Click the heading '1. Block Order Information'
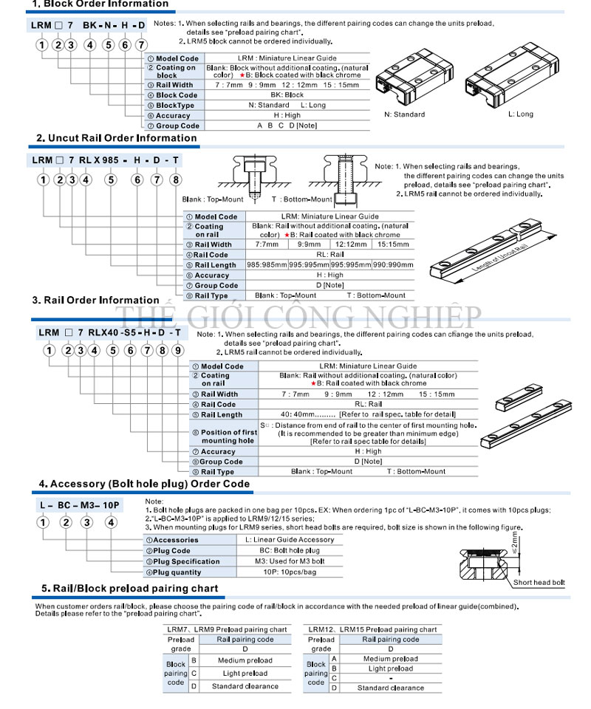[100, 4]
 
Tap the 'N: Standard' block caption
[405, 114]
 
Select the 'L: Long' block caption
[520, 114]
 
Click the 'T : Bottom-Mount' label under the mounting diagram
[302, 199]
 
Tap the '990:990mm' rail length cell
[394, 265]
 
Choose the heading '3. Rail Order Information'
[95, 301]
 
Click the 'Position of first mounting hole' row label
[229, 436]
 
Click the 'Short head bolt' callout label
[539, 583]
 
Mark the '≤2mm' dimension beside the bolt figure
[514, 544]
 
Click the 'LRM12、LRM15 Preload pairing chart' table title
[372, 629]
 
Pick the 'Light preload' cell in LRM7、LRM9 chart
[245, 674]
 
